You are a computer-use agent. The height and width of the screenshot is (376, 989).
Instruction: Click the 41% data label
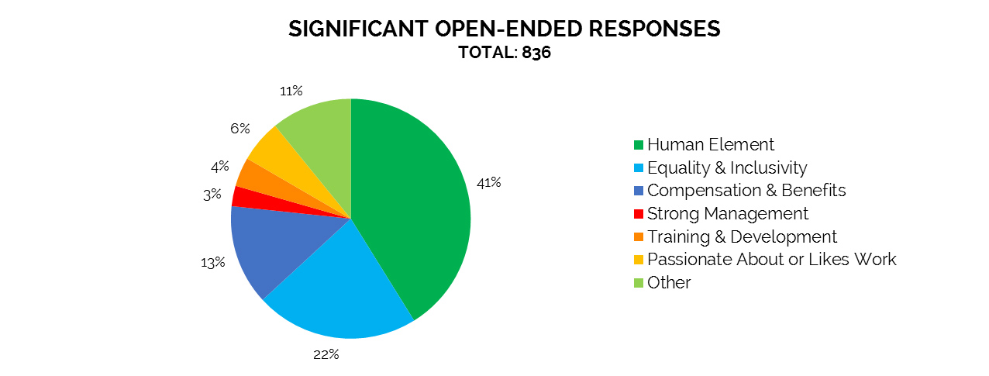coord(490,183)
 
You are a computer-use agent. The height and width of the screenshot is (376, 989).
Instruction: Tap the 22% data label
coord(326,355)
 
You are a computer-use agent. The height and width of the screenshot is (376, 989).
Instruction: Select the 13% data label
coord(212,262)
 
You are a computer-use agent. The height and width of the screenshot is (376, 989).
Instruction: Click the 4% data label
coord(220,166)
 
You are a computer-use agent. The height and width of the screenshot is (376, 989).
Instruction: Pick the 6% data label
coord(239,129)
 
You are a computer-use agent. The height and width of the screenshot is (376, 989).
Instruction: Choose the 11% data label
coord(291,91)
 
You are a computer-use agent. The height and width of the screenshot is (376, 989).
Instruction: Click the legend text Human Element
coord(711,145)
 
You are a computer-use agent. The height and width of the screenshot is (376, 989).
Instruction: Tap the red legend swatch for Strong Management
coord(639,214)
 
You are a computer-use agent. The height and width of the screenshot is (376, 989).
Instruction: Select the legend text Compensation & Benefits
coord(746,191)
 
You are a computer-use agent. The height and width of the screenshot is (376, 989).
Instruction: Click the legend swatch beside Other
coord(639,283)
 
